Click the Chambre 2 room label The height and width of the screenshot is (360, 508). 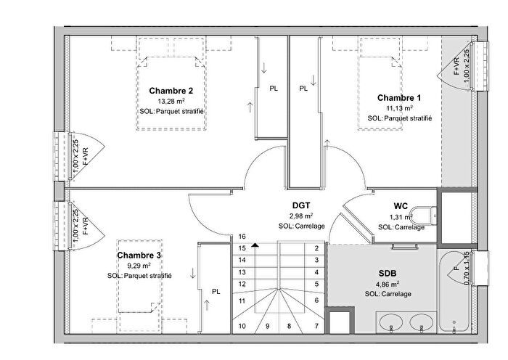[171, 91]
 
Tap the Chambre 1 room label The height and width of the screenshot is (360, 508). [399, 97]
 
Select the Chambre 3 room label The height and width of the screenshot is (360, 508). [139, 255]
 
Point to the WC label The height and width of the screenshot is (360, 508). [401, 206]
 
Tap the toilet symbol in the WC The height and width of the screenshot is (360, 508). [421, 214]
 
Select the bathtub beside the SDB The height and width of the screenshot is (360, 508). [456, 287]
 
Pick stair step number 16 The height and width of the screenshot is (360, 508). [242, 237]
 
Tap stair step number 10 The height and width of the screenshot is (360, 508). [242, 326]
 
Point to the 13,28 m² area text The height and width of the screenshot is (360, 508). [171, 102]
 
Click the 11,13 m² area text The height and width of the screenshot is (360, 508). [399, 107]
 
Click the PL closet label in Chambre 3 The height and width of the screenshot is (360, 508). [216, 292]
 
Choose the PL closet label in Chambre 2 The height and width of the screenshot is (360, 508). [274, 89]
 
